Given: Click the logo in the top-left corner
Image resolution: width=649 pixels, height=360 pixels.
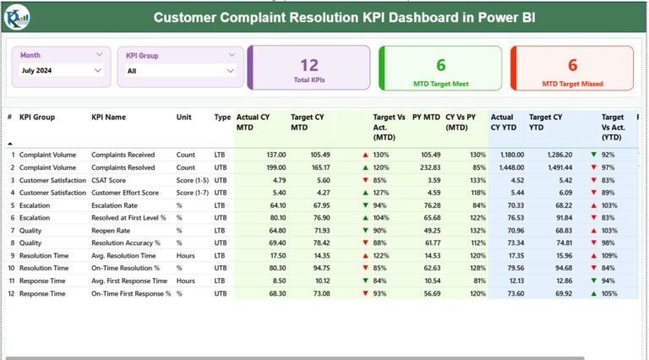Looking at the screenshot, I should (18, 15).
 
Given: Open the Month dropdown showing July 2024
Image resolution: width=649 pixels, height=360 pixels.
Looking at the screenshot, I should (61, 71).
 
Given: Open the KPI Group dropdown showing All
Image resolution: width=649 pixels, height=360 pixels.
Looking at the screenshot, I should (180, 71).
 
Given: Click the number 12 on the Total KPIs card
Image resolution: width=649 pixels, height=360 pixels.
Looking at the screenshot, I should (309, 64).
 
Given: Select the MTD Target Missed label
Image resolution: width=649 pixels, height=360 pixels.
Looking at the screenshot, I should (572, 84).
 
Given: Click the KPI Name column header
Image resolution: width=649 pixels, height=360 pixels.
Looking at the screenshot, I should (108, 117).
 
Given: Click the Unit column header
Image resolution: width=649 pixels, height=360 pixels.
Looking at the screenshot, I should (184, 117).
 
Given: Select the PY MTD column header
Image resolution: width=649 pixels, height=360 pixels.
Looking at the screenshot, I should (426, 117).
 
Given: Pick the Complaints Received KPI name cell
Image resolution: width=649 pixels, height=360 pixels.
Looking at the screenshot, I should (123, 155).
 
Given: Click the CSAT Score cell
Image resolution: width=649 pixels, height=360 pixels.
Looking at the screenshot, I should (110, 180).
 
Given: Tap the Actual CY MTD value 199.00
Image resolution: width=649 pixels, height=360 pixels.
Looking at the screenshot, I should (273, 167).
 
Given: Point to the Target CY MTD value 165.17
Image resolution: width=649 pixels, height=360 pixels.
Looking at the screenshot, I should (317, 167).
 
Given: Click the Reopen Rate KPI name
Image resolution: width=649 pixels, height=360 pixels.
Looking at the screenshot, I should (111, 230).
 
